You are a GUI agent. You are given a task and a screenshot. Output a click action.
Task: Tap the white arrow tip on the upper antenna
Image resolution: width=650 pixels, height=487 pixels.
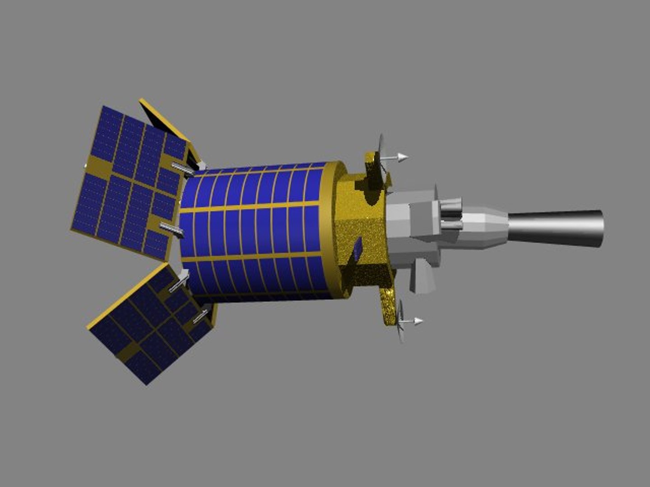(x=403, y=157)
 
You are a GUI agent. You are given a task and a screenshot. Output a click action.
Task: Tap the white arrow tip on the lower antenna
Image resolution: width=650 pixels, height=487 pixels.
(x=418, y=321)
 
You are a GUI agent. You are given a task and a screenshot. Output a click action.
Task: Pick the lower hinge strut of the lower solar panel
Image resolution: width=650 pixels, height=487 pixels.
(x=200, y=317)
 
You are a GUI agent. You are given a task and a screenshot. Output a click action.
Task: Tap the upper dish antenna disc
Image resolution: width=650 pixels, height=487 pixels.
(x=381, y=153)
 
